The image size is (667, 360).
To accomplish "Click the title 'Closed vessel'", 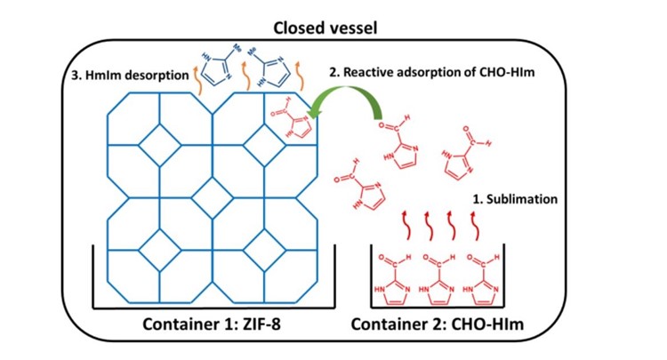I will [x=333, y=28].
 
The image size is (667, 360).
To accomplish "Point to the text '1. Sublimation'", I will [x=513, y=199].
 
